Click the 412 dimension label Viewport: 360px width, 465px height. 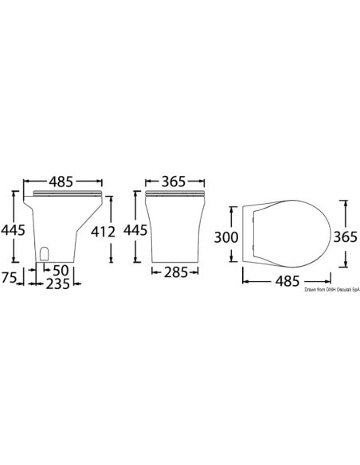pos(103,232)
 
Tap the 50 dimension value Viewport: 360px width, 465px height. pos(61,270)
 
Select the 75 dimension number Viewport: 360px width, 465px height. pos(9,278)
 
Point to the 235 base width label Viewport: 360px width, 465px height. pos(57,283)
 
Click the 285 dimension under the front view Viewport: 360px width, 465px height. pos(176,272)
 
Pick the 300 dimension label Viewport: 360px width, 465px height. pos(226,237)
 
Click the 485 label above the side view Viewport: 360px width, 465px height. pos(61,182)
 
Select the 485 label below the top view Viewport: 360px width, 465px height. pos(288,281)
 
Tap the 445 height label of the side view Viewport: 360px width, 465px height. pos(13,230)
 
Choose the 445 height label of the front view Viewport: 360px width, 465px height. pos(135,230)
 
